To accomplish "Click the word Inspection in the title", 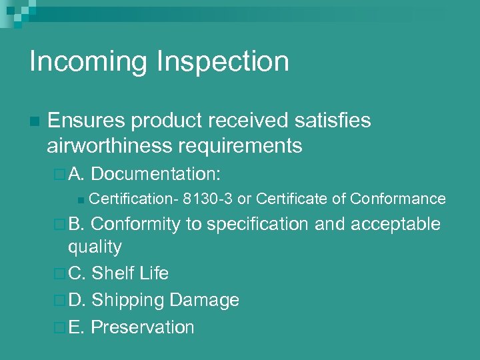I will click(x=223, y=62).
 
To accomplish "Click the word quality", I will click(x=95, y=247).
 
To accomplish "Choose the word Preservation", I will click(x=143, y=327).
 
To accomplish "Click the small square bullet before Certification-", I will click(x=80, y=199).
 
